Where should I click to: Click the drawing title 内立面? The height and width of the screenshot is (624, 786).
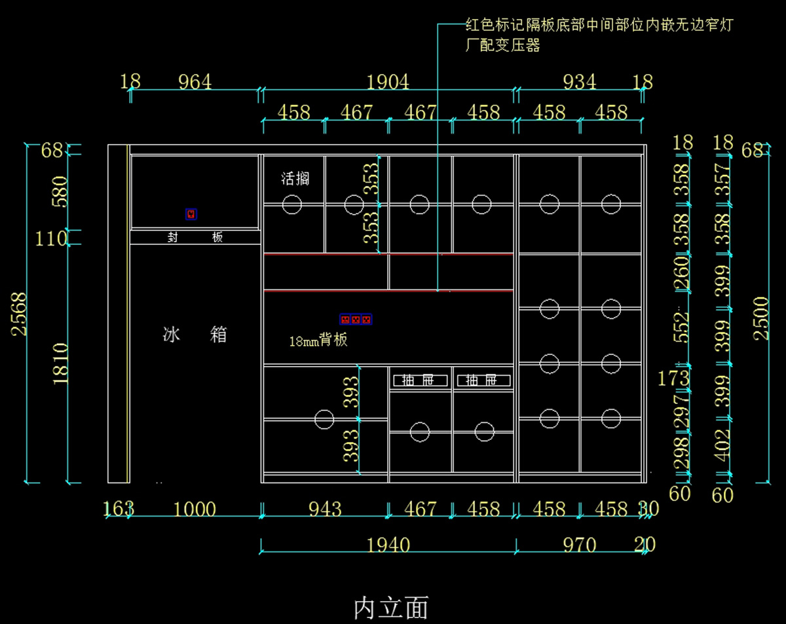391,607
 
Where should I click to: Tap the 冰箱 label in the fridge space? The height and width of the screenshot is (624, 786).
195,335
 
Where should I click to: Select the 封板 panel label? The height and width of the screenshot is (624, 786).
195,237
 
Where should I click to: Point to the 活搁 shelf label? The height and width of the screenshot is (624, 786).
295,178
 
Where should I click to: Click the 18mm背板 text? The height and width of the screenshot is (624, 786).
318,340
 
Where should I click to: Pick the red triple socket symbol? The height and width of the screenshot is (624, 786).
356,320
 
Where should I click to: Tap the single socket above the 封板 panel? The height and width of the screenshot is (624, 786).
191,214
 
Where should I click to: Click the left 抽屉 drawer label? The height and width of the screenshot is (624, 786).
420,380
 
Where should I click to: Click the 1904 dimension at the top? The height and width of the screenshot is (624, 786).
388,82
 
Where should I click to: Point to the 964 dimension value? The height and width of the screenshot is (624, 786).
195,82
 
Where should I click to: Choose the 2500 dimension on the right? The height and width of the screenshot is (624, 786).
761,318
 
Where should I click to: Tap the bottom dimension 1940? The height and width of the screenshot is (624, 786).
388,545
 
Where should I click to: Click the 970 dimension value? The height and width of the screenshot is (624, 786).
579,545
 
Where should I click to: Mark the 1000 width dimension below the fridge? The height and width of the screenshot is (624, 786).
195,509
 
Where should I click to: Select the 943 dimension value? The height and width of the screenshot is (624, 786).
324,509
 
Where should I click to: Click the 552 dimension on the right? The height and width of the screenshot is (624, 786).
682,325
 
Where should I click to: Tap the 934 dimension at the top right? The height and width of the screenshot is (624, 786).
579,82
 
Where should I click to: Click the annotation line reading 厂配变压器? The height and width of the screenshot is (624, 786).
502,46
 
